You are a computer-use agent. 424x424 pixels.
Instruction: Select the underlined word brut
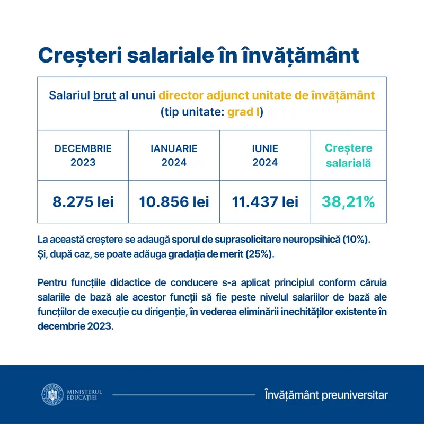pyautogui.click(x=104, y=96)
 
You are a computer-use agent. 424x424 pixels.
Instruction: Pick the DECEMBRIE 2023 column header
pyautogui.click(x=83, y=155)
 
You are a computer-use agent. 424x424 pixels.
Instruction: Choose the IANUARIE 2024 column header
pyautogui.click(x=174, y=155)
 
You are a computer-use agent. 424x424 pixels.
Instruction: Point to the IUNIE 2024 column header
pyautogui.click(x=265, y=155)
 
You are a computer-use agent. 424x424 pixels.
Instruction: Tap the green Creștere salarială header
pyautogui.click(x=348, y=155)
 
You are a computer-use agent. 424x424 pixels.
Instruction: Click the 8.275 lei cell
pyautogui.click(x=83, y=201)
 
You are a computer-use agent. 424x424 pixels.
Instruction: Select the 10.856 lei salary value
pyautogui.click(x=174, y=201)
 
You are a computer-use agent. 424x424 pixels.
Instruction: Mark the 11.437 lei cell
pyautogui.click(x=265, y=201)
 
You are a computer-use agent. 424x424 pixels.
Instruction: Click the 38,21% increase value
pyautogui.click(x=348, y=201)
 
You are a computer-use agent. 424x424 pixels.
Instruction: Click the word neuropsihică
pyautogui.click(x=310, y=239)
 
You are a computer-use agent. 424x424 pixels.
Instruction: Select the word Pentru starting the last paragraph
pyautogui.click(x=53, y=281)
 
